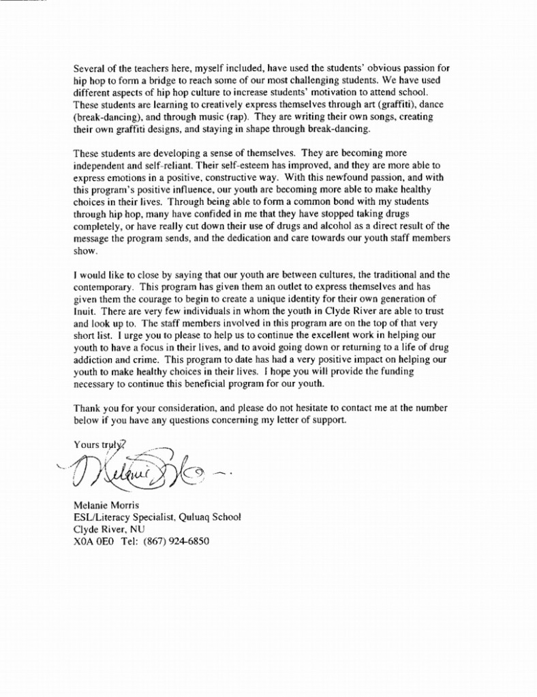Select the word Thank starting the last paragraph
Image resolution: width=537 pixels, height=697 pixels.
pos(87,408)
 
